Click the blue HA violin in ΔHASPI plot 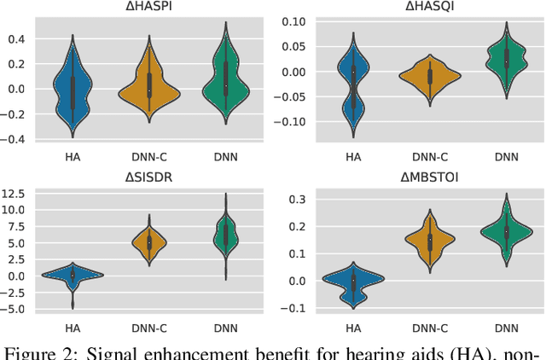(73, 90)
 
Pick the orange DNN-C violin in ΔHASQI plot (430, 76)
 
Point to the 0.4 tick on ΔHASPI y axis (18, 39)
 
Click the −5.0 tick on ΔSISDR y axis (15, 309)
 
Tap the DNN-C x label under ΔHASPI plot (149, 156)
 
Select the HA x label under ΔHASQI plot (354, 156)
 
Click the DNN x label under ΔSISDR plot (226, 327)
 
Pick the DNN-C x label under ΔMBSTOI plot (431, 327)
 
